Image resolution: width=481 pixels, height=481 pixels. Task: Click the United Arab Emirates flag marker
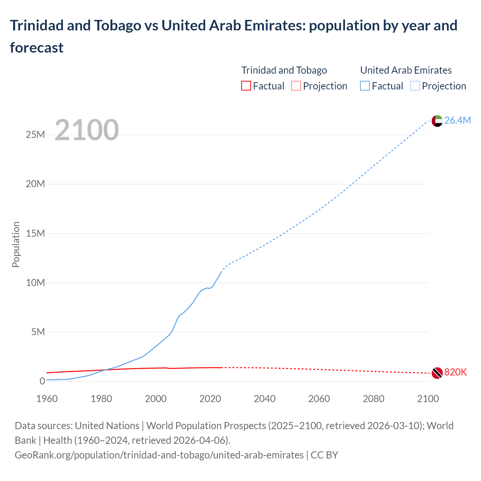click(437, 121)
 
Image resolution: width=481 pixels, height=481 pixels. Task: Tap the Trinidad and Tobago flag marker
click(437, 372)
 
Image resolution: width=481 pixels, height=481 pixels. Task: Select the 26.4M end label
click(457, 120)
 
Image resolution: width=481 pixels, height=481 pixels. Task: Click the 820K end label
click(455, 372)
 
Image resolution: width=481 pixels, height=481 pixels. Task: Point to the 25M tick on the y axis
click(35, 135)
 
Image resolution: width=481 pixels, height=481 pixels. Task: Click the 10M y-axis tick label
click(35, 283)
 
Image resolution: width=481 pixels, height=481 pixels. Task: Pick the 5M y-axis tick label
click(38, 332)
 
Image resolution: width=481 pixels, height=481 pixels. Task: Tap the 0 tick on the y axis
click(42, 381)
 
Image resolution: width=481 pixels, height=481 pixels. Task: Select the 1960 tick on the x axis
click(47, 399)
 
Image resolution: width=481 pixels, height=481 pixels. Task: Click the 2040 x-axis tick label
click(265, 399)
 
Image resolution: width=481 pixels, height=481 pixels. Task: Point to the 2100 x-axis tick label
click(428, 399)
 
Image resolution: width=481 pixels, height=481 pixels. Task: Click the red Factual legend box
click(246, 86)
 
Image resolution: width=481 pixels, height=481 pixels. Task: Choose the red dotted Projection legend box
click(296, 86)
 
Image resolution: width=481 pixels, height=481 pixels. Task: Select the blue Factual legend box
click(365, 86)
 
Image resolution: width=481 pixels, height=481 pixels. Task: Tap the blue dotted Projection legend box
click(415, 86)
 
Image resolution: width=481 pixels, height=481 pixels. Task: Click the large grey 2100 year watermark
click(87, 130)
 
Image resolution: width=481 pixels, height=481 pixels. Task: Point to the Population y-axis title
click(16, 244)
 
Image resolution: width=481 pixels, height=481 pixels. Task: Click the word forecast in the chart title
click(36, 48)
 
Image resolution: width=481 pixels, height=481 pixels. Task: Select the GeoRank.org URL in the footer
click(159, 455)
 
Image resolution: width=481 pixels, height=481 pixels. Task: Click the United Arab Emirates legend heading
click(406, 70)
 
